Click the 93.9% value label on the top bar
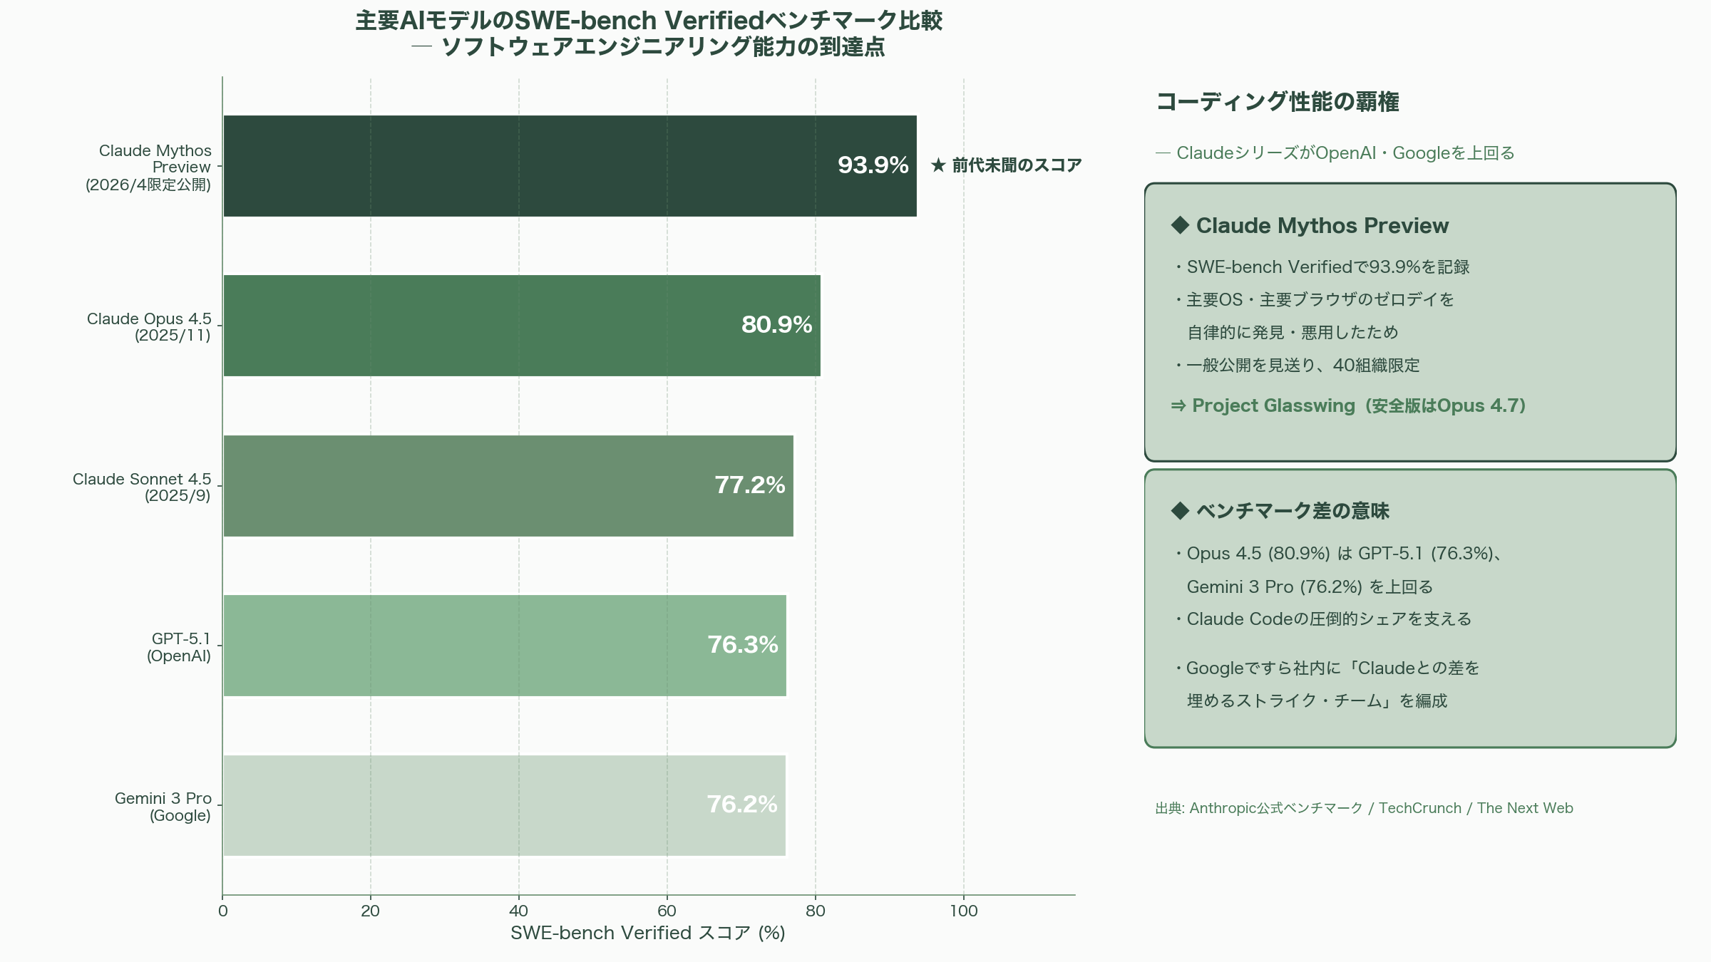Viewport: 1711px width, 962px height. pos(873,165)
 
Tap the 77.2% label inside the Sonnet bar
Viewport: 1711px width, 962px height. pos(749,485)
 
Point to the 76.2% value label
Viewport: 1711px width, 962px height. pos(741,805)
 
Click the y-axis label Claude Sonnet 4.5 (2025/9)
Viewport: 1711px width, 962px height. pos(142,487)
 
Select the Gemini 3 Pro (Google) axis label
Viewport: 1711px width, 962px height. pos(163,807)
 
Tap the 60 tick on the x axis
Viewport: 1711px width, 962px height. pos(667,911)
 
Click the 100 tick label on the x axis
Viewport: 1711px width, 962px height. pos(963,911)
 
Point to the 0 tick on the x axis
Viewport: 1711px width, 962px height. pos(223,911)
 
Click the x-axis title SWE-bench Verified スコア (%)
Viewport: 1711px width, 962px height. pos(647,933)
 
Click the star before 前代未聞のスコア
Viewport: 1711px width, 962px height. pos(938,165)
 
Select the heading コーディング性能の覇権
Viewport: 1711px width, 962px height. pos(1277,102)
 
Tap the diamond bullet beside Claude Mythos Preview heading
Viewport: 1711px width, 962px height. pos(1180,225)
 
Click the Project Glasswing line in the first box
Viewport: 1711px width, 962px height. pos(1347,405)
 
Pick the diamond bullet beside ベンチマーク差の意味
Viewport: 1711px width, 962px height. pos(1180,510)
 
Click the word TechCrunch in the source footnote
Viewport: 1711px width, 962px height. pos(1419,808)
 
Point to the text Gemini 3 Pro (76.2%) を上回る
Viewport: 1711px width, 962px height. pos(1310,586)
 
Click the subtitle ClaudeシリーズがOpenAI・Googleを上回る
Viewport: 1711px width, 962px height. pos(1345,153)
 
